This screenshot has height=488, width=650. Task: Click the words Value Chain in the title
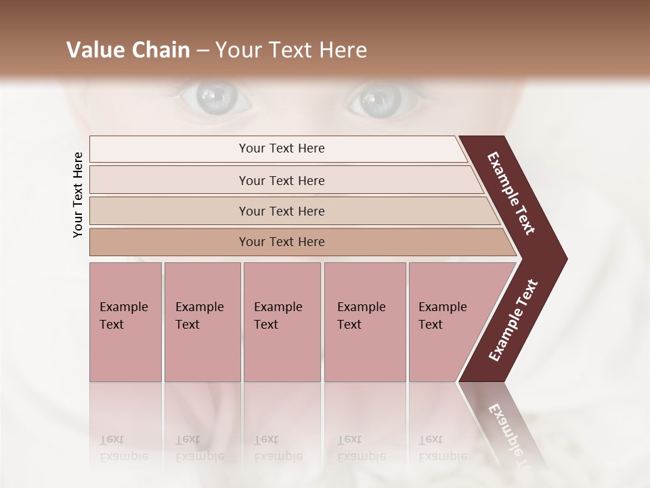pos(128,50)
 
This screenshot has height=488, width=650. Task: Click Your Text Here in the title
pos(291,50)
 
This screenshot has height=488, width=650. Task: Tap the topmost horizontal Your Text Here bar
pos(281,148)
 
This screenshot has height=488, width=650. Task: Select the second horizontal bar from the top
pos(281,180)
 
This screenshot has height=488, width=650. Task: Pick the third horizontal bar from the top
pos(281,211)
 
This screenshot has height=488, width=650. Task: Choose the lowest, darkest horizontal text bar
pos(281,242)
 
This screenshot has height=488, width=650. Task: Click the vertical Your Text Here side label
pos(78,195)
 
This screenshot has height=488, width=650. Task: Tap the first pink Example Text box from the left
pos(125,322)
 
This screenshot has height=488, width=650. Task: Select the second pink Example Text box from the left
pos(202,322)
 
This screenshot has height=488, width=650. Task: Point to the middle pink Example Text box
pos(282,322)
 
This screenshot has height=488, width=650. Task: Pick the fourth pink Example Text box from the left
pos(364,322)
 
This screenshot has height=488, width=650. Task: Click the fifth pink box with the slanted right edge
pos(447,322)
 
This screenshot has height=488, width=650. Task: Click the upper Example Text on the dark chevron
pos(511,194)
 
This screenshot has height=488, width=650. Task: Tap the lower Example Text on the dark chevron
pos(513,321)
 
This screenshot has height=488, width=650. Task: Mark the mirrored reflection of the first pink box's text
pos(123,447)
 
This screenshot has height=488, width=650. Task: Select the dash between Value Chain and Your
pos(202,51)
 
